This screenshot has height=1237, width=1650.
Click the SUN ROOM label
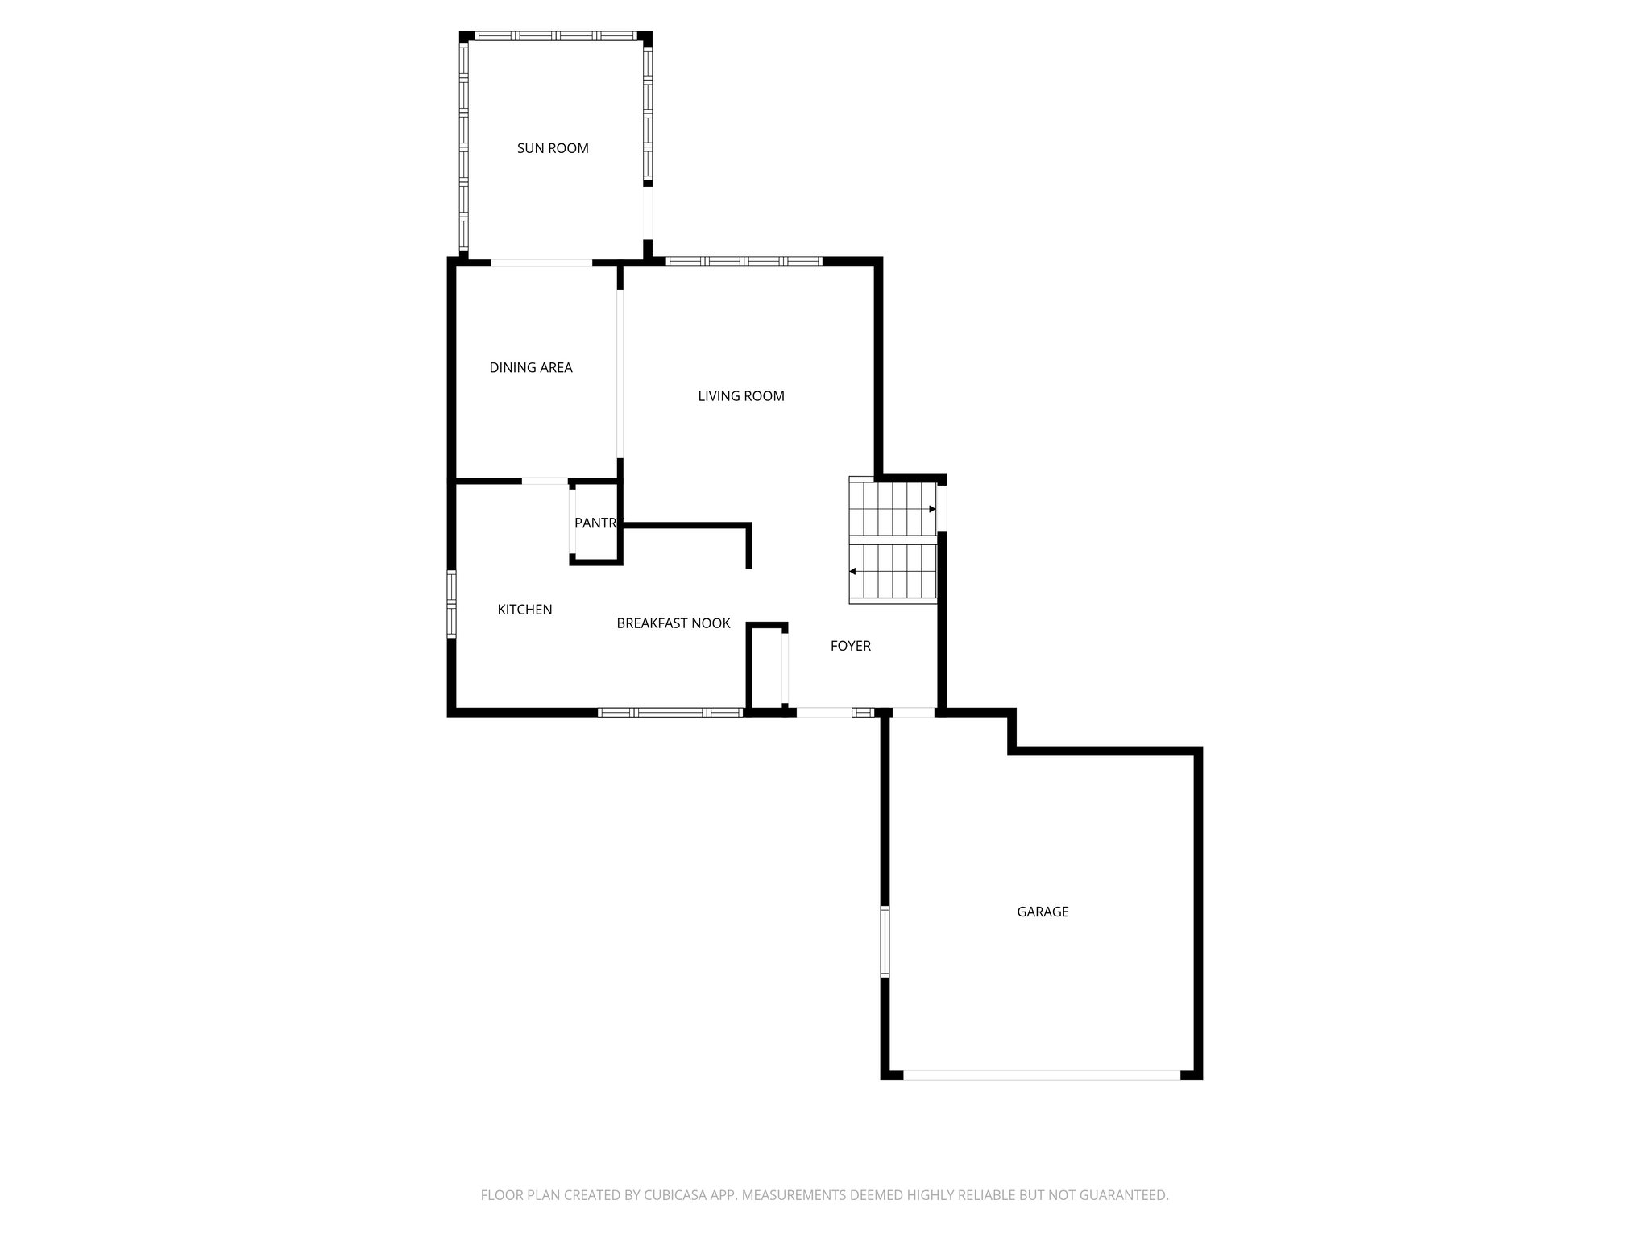tap(553, 148)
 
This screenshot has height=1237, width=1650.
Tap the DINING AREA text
tap(531, 368)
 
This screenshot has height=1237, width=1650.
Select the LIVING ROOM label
tap(741, 396)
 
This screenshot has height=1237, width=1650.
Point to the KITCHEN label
tap(524, 610)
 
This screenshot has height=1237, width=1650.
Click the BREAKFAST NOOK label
tap(674, 623)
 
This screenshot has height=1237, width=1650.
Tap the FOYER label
tap(851, 646)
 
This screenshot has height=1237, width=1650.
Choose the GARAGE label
tap(1043, 912)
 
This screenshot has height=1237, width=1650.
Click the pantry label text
tap(595, 523)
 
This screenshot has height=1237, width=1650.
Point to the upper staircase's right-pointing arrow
tap(932, 509)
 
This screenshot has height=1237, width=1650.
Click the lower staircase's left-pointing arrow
tap(853, 572)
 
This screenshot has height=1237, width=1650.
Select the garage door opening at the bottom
tap(1042, 1075)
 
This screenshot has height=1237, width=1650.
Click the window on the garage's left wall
tap(885, 941)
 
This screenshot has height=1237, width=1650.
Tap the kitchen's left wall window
tap(452, 604)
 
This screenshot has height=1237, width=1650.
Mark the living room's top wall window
tap(744, 261)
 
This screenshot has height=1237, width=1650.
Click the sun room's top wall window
tap(555, 36)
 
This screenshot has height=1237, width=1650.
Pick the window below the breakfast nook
tap(670, 713)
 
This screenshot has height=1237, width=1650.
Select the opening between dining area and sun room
tap(541, 263)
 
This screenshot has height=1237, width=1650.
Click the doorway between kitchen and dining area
tap(545, 482)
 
